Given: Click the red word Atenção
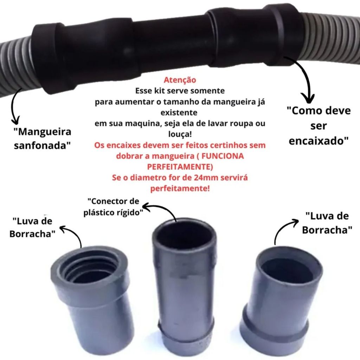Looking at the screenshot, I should pyautogui.click(x=180, y=80).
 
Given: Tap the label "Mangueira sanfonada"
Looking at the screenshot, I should pyautogui.click(x=43, y=139).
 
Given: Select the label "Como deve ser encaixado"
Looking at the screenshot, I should pyautogui.click(x=319, y=126).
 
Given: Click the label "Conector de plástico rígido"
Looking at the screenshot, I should pyautogui.click(x=113, y=207).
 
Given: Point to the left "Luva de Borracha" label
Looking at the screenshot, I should pyautogui.click(x=32, y=227).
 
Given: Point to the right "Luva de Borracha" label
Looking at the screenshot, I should pyautogui.click(x=327, y=223).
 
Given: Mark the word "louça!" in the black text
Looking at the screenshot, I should pyautogui.click(x=180, y=135).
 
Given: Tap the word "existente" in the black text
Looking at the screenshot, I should pyautogui.click(x=180, y=113).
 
